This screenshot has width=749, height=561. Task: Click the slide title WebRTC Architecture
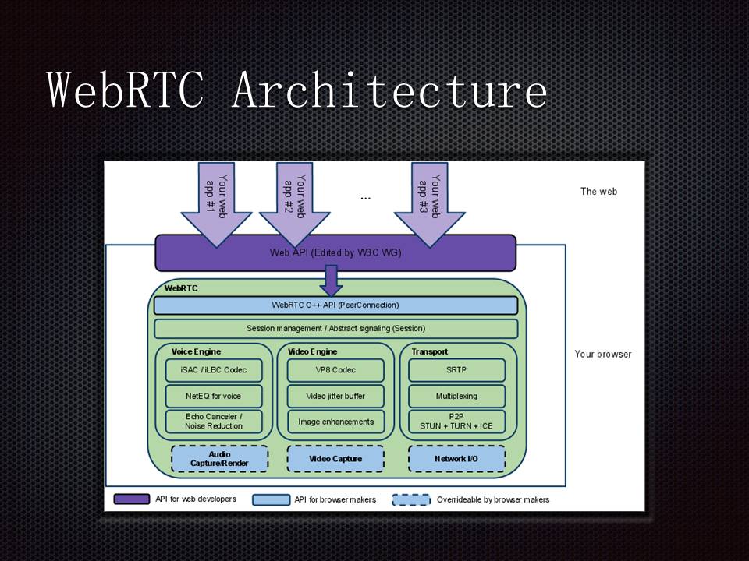click(297, 90)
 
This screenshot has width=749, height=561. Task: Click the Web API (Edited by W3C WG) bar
click(335, 252)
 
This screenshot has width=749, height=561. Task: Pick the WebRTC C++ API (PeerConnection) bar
click(335, 305)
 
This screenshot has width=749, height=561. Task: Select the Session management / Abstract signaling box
click(335, 328)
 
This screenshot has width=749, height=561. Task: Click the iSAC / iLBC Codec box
click(213, 370)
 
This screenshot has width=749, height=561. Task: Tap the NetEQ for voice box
click(213, 396)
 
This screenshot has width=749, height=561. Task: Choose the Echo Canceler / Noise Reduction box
click(213, 422)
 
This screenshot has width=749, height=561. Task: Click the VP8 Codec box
click(335, 370)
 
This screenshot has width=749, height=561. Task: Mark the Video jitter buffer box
click(335, 396)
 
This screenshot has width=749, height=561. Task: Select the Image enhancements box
click(335, 422)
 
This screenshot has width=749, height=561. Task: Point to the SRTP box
click(456, 370)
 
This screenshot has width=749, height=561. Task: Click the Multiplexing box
click(456, 396)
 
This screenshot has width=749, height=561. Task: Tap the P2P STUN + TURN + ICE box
click(456, 422)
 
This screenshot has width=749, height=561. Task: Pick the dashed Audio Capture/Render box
click(219, 459)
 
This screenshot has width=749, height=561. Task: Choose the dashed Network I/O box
click(456, 459)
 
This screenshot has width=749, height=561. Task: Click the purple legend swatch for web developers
click(132, 499)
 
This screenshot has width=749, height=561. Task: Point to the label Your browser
click(603, 354)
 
